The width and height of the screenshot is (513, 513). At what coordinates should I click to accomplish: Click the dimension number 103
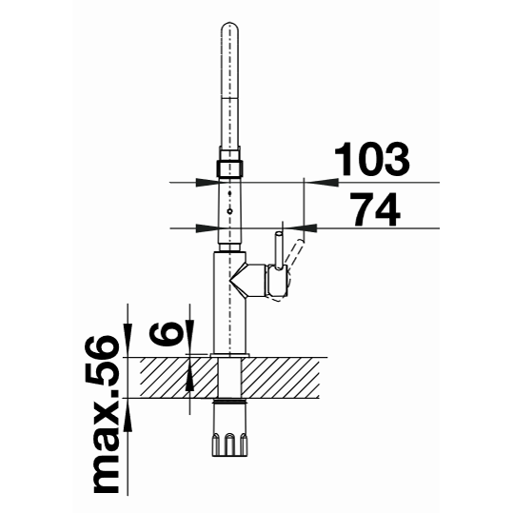tap(371, 159)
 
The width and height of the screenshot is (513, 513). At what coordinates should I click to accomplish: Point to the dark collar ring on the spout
tap(229, 168)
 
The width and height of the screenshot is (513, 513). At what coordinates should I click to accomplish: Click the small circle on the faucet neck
tap(230, 211)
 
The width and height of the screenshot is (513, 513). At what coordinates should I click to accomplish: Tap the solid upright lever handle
tap(279, 250)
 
